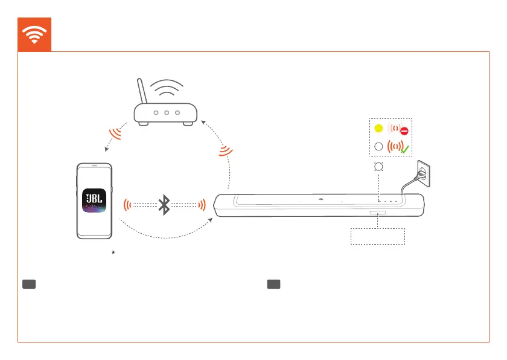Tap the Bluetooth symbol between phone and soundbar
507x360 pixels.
(x=164, y=205)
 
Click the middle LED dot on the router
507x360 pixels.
(x=167, y=112)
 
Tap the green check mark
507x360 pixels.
(x=404, y=149)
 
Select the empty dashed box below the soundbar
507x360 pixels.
(x=378, y=236)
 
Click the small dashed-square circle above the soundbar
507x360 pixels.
(x=378, y=166)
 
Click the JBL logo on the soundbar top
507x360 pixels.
(x=322, y=198)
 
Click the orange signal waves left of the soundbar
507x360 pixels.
(x=202, y=205)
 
